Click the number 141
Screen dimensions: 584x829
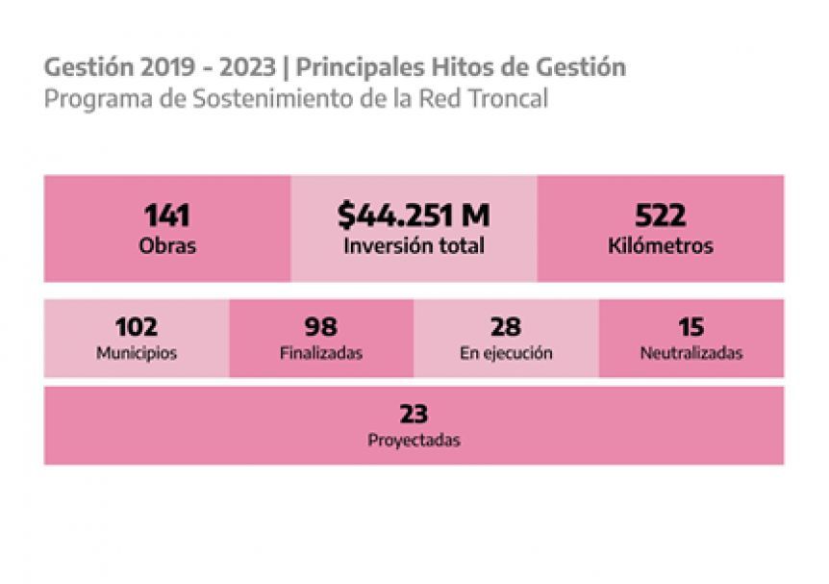[167, 216]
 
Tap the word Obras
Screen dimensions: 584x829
[167, 245]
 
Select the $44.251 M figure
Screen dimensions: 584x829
[414, 216]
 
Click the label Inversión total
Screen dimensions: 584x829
[414, 245]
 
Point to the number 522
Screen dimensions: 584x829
[660, 216]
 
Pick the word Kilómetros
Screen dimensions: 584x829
[660, 246]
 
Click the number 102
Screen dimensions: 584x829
[136, 326]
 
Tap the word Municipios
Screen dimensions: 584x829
[136, 353]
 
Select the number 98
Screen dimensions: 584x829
[320, 326]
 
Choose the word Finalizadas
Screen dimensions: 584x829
[320, 353]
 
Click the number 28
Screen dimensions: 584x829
[506, 326]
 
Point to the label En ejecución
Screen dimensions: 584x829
[506, 353]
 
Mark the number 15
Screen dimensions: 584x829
[691, 326]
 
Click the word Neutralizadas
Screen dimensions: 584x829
[691, 353]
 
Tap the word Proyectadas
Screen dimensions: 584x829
[414, 441]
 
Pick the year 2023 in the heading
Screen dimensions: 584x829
[251, 68]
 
